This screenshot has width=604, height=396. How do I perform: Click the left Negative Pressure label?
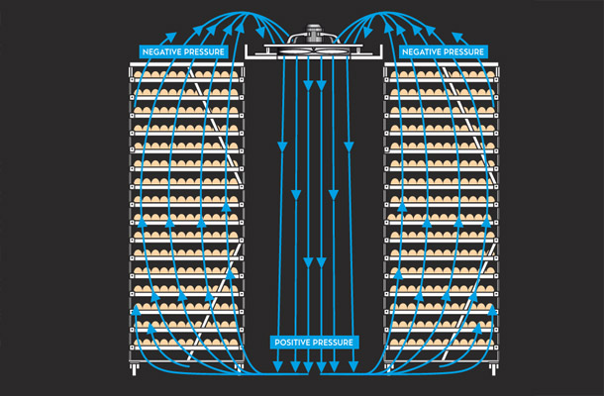[183, 51]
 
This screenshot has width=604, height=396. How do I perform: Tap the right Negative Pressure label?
[443, 51]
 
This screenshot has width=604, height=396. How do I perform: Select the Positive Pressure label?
[314, 343]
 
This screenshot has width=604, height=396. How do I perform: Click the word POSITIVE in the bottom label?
[291, 343]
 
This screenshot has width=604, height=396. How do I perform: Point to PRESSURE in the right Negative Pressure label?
[463, 51]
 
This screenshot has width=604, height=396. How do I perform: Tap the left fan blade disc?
[295, 51]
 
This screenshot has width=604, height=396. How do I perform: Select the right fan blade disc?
[333, 51]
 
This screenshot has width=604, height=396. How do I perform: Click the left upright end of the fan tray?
[247, 51]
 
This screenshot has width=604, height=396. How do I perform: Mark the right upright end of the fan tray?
[381, 51]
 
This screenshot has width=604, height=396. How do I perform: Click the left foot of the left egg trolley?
[134, 369]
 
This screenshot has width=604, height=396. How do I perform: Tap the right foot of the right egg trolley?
[493, 369]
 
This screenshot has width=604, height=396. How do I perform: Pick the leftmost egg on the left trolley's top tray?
[138, 74]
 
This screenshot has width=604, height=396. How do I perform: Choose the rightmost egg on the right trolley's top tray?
[489, 74]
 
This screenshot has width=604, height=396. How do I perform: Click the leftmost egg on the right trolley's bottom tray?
[394, 342]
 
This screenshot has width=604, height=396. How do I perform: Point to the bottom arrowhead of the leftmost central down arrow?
[277, 366]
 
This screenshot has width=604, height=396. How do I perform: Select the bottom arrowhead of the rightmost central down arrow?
[353, 366]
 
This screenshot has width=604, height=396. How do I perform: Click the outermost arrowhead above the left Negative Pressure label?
[171, 38]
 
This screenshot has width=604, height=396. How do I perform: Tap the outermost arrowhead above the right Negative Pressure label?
[457, 37]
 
